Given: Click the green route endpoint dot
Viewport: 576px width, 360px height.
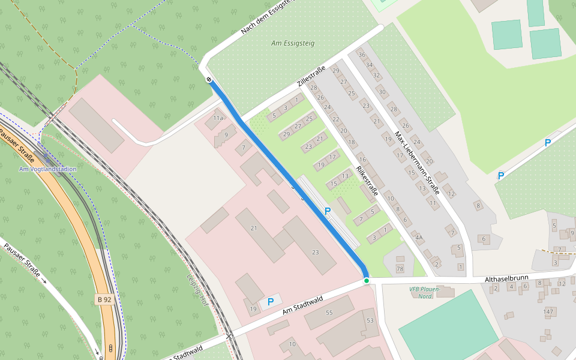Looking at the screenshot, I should click(366, 281).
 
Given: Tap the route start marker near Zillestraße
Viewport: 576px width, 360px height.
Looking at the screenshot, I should click(209, 79).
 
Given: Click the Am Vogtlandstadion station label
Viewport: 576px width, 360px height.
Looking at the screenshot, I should click(48, 169).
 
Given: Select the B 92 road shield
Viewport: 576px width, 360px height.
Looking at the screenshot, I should click(104, 298).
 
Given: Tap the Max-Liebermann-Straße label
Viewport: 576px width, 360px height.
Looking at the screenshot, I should click(418, 163).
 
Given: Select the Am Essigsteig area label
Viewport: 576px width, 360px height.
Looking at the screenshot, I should click(293, 43).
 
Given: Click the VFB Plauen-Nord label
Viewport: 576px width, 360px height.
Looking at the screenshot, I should click(425, 293).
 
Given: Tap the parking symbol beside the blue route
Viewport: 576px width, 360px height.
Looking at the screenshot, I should click(328, 211).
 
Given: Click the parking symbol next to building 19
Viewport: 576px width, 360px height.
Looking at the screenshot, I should click(271, 301).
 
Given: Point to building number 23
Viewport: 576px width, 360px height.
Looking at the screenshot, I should click(315, 252).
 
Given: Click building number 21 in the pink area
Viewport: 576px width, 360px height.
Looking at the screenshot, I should click(254, 228).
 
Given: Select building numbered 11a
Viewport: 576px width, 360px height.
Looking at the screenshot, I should click(218, 118).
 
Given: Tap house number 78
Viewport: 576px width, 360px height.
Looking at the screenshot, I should click(400, 268).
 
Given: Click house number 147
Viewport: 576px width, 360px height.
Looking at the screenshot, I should click(548, 311).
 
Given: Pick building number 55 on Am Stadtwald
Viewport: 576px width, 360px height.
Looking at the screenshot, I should click(329, 313).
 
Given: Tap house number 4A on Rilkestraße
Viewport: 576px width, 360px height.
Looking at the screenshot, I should click(419, 238).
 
